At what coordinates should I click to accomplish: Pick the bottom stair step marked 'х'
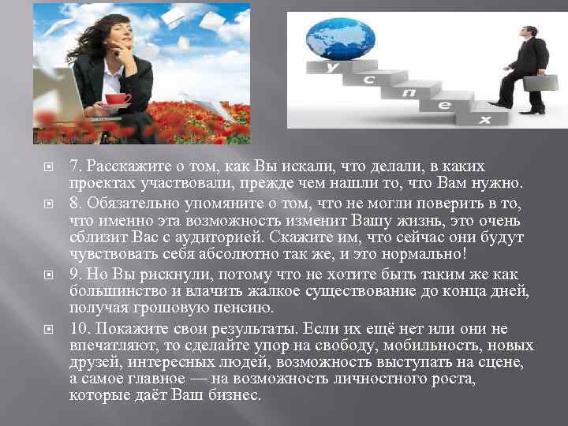tap(483, 120)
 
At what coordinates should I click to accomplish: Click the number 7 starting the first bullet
tap(73, 166)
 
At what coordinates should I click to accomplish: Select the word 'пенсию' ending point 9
tap(245, 308)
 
